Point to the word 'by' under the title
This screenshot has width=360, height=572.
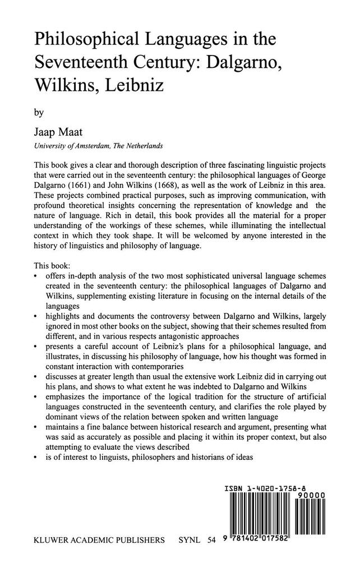(x=39, y=112)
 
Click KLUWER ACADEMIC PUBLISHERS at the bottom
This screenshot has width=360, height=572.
(x=100, y=541)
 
